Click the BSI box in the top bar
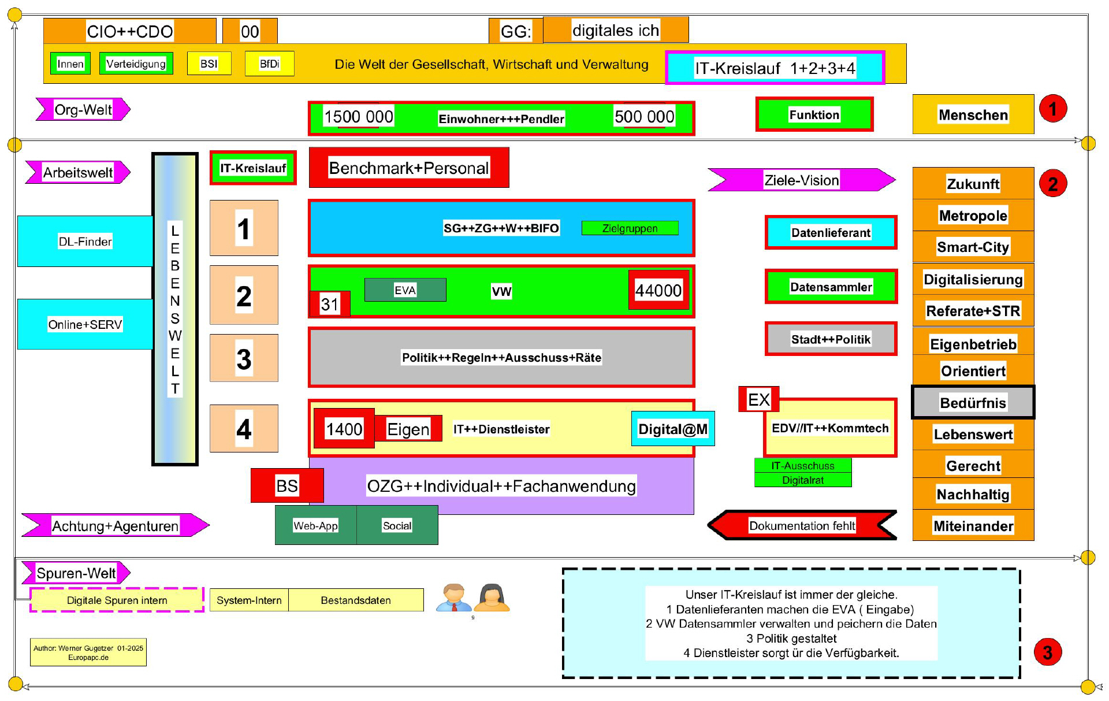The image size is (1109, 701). (209, 64)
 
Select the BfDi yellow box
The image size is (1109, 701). (269, 64)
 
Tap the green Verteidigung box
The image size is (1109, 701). (136, 64)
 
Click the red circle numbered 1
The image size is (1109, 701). (1052, 109)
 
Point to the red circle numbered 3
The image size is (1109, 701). (1047, 652)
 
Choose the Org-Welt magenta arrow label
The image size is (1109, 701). (83, 109)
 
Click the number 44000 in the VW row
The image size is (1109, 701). (658, 290)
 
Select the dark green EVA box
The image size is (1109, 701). (405, 290)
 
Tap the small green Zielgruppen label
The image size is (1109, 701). (630, 228)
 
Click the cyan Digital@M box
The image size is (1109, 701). (673, 429)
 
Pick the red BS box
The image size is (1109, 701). (286, 485)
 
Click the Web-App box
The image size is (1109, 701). (315, 525)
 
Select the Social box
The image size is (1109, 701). (397, 525)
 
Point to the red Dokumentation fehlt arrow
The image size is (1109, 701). (802, 525)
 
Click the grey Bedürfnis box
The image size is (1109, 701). (973, 402)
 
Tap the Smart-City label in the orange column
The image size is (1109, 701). (973, 247)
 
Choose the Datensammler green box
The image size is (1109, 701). (831, 287)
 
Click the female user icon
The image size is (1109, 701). (492, 598)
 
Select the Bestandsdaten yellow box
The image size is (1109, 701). (356, 600)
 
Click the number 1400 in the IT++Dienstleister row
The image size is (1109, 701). (344, 429)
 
